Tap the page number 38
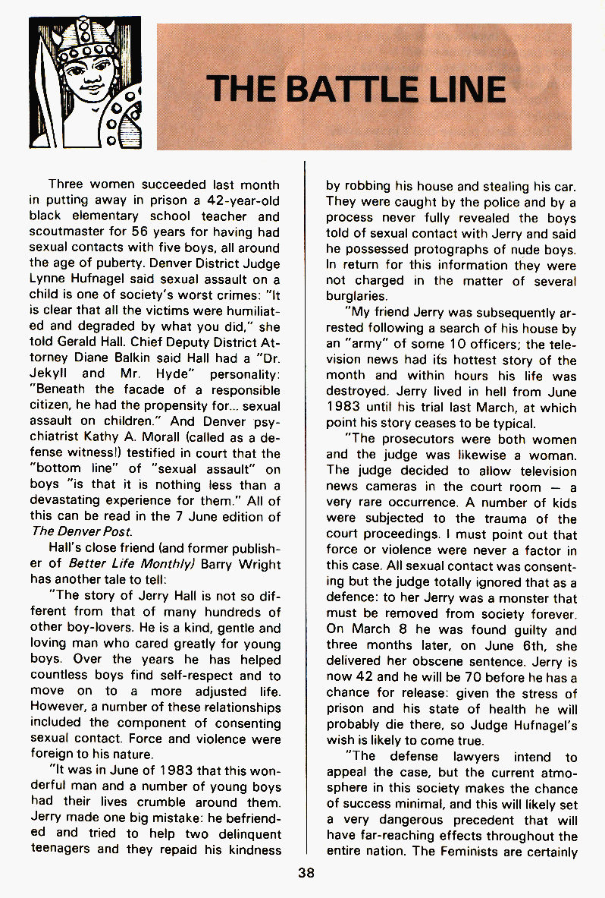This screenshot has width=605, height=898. click(306, 873)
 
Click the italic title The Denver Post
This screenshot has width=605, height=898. click(82, 532)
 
